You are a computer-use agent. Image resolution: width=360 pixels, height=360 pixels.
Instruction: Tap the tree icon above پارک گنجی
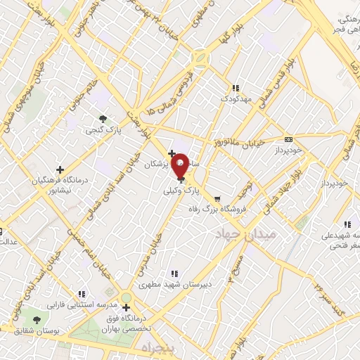click(103, 118)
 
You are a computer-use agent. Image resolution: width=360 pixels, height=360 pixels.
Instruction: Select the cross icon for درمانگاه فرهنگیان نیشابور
click(60, 169)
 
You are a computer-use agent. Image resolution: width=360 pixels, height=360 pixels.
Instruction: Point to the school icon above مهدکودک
click(236, 88)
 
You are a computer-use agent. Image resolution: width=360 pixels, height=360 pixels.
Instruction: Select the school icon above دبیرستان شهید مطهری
click(174, 274)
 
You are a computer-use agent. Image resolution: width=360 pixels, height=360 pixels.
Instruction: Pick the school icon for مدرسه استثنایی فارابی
click(82, 294)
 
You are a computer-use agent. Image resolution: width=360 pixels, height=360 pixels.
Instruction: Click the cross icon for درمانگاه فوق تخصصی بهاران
click(126, 307)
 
